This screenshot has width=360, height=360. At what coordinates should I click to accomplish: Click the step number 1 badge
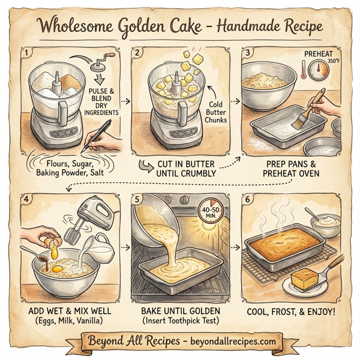click(x=26, y=52)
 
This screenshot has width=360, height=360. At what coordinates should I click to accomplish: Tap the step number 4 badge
click(x=26, y=197)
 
